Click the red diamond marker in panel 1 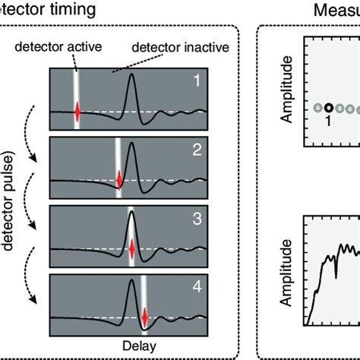coord(77,112)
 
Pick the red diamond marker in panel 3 coord(132,248)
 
